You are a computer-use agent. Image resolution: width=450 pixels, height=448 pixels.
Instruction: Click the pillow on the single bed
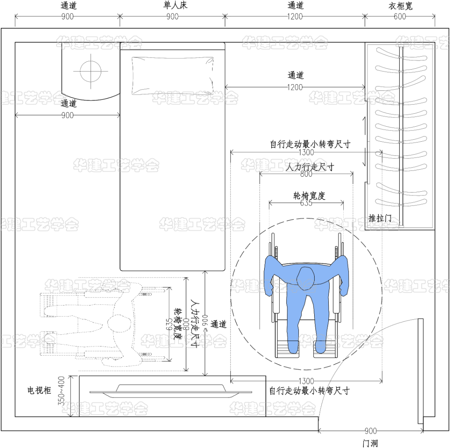(x=172, y=75)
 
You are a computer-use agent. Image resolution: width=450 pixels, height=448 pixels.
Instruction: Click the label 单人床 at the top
(x=172, y=6)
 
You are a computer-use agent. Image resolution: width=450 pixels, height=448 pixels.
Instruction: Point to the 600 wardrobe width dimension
(x=400, y=17)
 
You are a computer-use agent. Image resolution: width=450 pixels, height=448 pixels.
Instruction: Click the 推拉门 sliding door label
(x=380, y=217)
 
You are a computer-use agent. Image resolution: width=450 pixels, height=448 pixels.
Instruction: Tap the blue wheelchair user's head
(x=306, y=277)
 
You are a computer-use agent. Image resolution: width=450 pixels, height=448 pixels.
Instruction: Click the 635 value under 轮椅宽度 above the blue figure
(x=306, y=204)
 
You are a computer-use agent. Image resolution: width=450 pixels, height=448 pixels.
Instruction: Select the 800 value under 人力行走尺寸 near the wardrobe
(x=306, y=175)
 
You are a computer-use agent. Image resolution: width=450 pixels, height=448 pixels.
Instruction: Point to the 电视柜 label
(x=39, y=390)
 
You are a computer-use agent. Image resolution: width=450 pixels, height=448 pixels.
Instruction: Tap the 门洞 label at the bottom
(x=370, y=443)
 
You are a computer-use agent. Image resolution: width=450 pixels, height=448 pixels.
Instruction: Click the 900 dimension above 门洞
(x=370, y=431)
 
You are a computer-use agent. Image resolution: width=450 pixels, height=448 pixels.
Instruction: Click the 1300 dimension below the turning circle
(x=306, y=381)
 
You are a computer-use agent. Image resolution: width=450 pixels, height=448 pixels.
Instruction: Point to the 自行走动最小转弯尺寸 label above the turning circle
(x=310, y=145)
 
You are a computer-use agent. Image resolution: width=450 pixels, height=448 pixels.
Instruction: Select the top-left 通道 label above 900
(x=69, y=6)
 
